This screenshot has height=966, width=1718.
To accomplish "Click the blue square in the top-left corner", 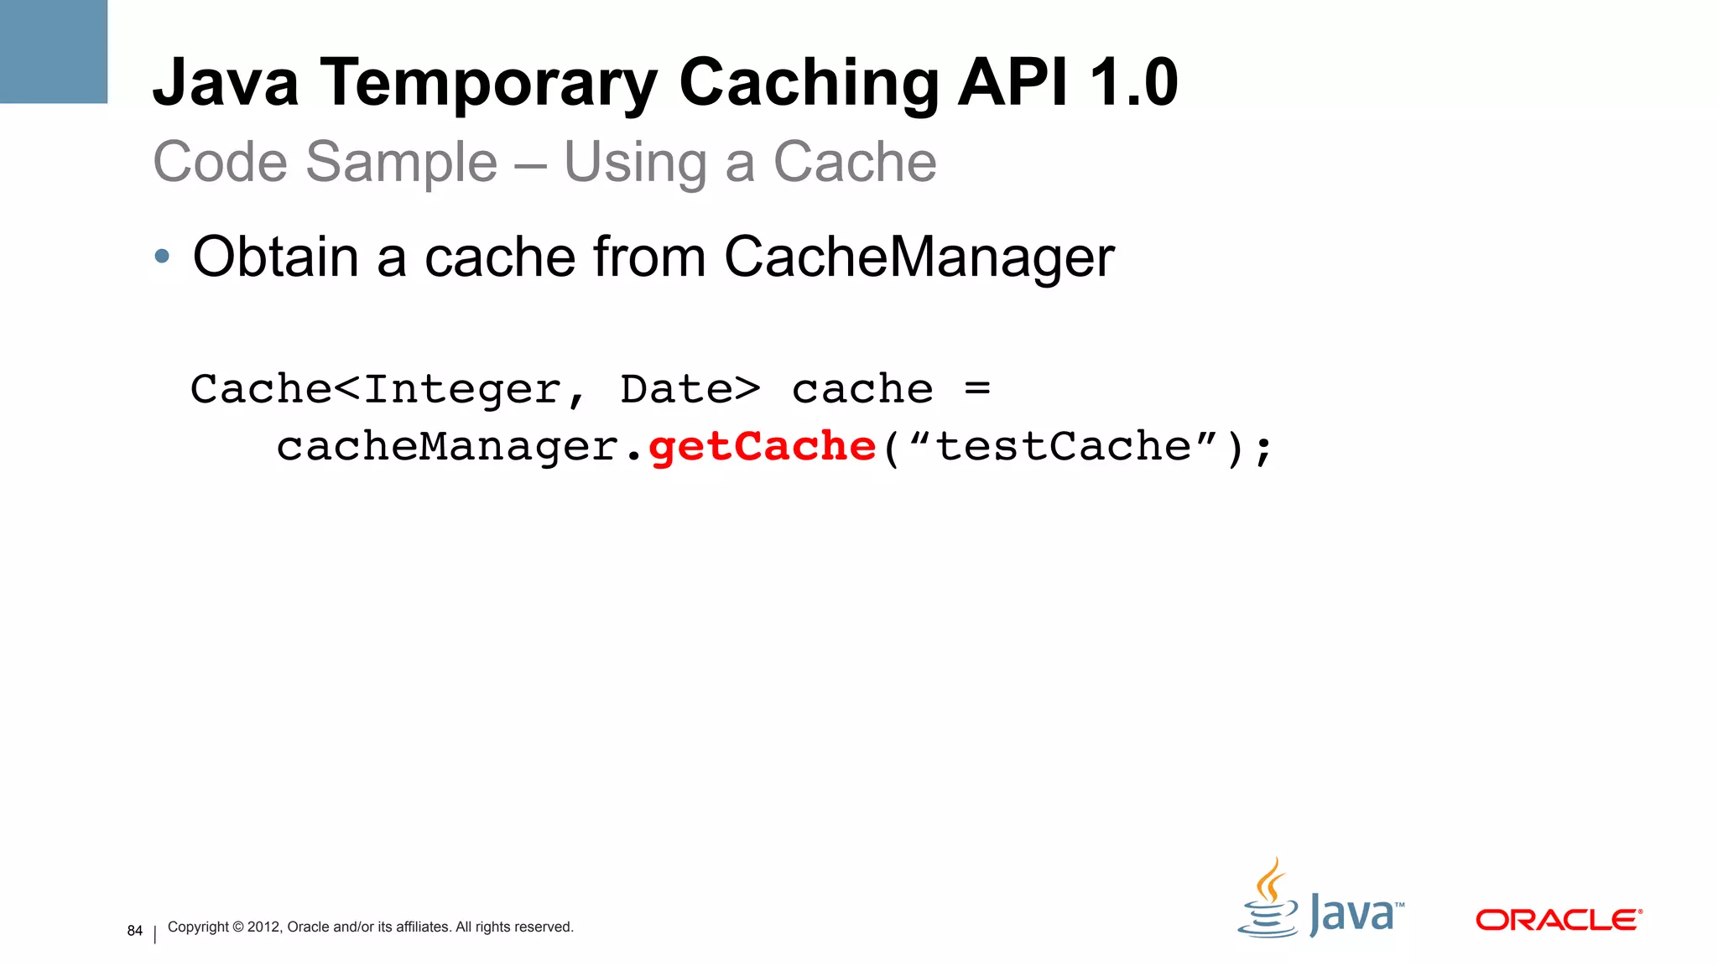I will pos(54,51).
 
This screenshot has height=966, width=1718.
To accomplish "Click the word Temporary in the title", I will pos(489,84).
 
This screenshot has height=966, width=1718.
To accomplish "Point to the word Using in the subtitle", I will pos(635,162).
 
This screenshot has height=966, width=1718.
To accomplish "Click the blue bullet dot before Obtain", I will pos(162,257).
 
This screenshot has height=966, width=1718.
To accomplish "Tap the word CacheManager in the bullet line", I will pos(919,257).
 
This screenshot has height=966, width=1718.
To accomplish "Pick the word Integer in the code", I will pos(462,389).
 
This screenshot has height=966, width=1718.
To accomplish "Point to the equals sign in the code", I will pos(977,388).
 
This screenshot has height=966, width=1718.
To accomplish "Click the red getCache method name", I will pos(763,446).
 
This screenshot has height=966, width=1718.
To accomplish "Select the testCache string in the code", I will pos(1064,446).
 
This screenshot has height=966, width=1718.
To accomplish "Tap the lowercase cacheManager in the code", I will pos(447,446).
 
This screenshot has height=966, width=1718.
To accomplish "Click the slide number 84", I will pos(135,930).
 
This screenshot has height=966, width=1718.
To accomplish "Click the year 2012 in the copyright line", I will pos(263,927).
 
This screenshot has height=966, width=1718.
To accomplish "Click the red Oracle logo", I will pos(1558,920).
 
